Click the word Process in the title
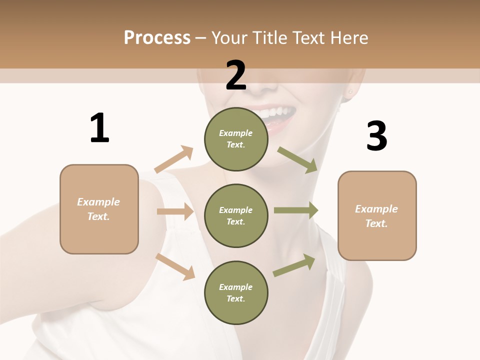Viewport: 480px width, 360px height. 157,38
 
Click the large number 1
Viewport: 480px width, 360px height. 99,128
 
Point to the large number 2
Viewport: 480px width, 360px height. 236,75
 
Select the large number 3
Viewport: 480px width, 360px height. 376,136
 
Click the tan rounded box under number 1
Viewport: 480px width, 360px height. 99,209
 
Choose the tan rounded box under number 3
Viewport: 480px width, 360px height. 377,215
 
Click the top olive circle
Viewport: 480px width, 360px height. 236,139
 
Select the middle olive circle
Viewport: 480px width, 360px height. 236,215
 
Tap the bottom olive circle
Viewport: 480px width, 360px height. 236,292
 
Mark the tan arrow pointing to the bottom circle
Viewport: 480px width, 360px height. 175,266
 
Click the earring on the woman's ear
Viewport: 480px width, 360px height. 350,92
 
